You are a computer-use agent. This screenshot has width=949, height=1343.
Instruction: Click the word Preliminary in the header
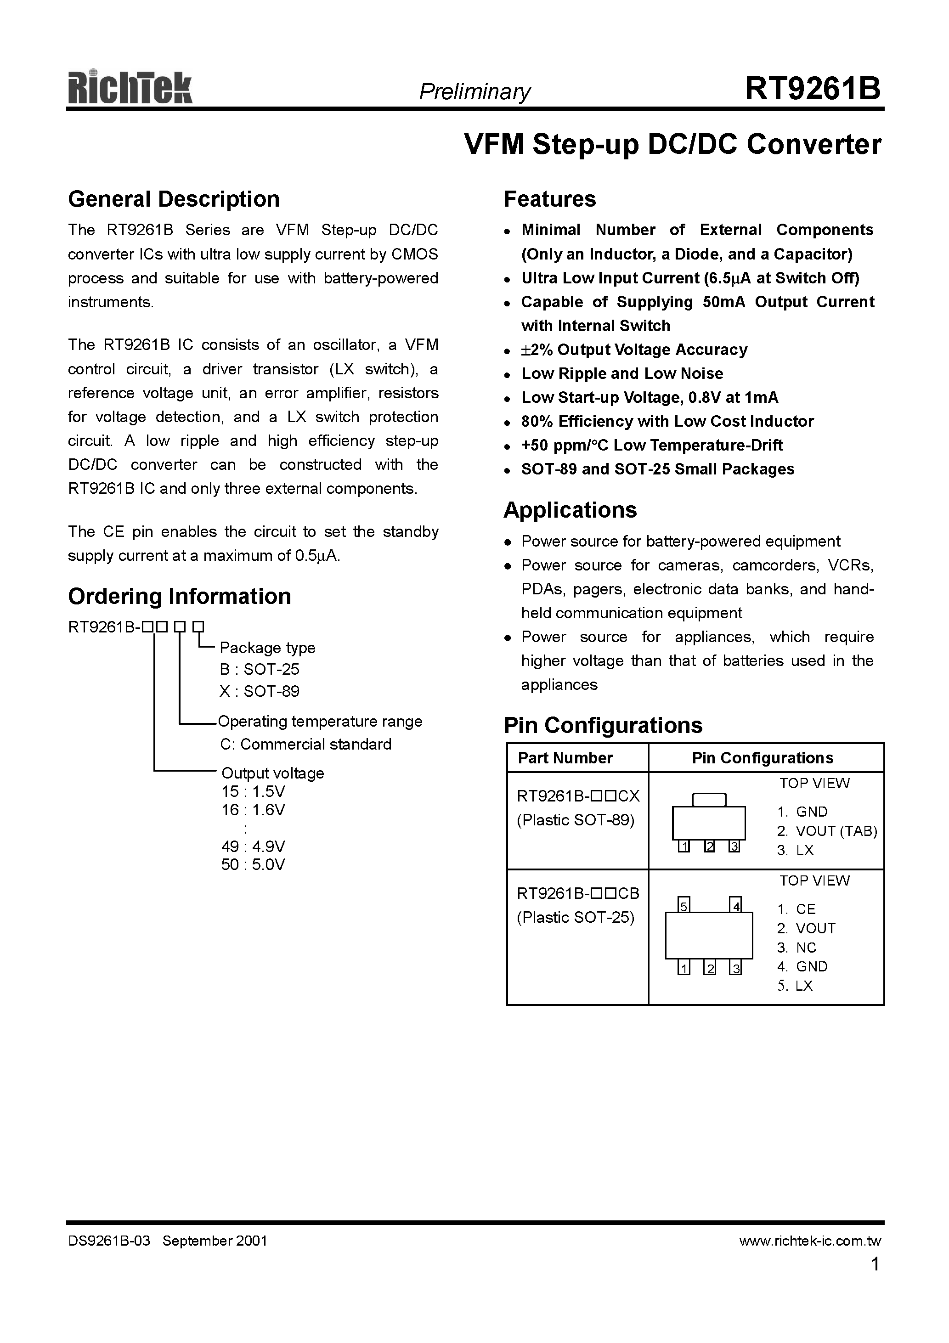474,91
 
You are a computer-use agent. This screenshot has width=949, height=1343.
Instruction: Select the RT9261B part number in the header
812,89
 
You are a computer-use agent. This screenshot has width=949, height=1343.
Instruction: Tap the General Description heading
174,199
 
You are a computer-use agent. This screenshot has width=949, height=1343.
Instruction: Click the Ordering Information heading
180,596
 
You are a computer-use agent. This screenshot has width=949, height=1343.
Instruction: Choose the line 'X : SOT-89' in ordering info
259,691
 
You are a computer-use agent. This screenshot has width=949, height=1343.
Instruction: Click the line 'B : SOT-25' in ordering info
259,669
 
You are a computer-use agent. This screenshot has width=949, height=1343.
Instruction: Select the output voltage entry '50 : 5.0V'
253,864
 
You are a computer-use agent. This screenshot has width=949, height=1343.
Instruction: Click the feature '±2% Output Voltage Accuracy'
634,350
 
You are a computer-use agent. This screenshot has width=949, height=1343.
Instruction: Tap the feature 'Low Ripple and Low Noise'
622,374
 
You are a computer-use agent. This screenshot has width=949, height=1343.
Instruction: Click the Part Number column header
565,757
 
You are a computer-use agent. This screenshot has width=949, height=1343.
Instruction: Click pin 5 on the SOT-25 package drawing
684,905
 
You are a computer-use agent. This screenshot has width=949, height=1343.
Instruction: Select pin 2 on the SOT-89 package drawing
709,846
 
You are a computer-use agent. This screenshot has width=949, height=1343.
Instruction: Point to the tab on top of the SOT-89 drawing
709,800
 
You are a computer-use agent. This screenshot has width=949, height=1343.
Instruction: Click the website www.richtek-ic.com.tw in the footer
810,1241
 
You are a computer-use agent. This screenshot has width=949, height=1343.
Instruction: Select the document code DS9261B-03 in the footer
109,1241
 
